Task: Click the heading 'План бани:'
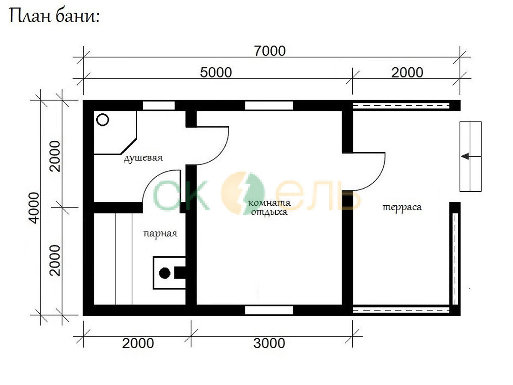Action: point(54,16)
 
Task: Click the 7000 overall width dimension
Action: point(270,51)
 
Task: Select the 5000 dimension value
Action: point(216,72)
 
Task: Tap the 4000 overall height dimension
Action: point(35,208)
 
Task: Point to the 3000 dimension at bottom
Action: point(269,343)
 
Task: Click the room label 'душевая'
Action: point(143,158)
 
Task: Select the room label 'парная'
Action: point(160,234)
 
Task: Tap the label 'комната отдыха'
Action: point(269,207)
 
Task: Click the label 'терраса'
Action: point(402,207)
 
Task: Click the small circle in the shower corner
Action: point(103,120)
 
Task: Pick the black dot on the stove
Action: point(165,273)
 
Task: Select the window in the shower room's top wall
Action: point(159,105)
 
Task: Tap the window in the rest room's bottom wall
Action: point(269,310)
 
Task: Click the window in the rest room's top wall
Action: point(269,105)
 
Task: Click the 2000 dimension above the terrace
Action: point(407,72)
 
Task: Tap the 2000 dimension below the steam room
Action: point(138,343)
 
